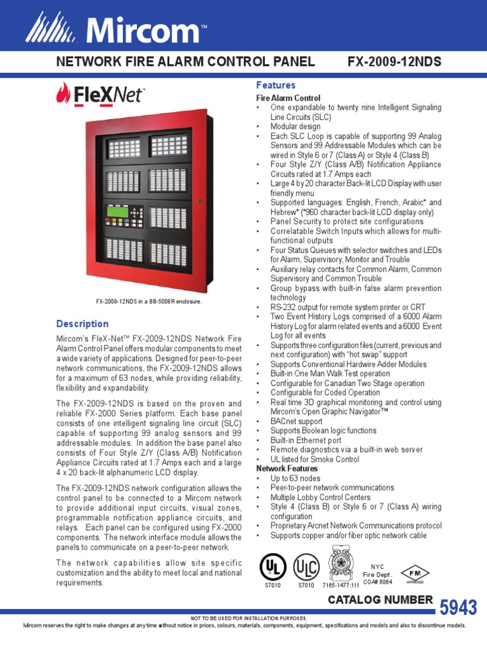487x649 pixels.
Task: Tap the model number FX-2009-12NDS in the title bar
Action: (394, 62)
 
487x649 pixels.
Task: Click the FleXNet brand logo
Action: (101, 96)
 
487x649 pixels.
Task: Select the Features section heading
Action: (276, 85)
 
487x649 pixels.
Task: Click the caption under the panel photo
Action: (148, 302)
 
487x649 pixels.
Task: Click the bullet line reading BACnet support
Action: (296, 421)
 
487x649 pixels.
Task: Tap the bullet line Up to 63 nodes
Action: (295, 479)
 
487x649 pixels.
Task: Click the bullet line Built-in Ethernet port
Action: (306, 440)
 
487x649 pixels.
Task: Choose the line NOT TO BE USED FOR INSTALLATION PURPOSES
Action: (249, 617)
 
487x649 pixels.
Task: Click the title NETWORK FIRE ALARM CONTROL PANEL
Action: (185, 62)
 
